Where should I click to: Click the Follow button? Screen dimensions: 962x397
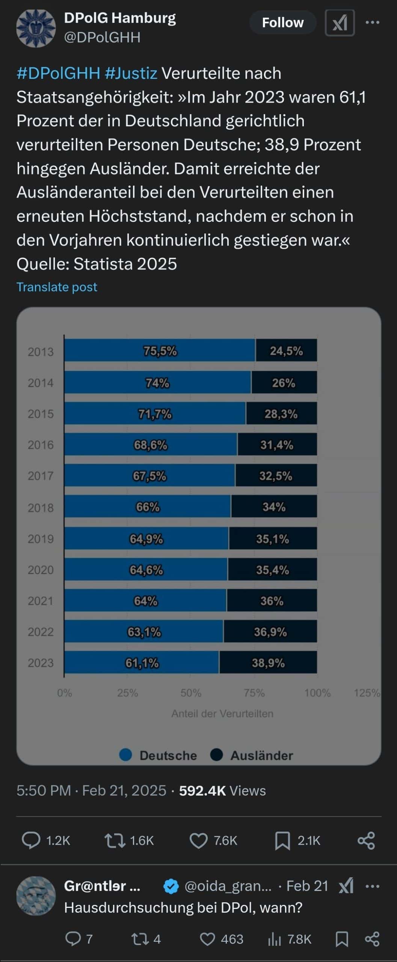282,23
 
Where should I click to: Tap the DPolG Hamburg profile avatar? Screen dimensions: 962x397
36,28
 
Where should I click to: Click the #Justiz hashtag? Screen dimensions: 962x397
131,73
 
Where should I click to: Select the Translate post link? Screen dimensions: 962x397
57,287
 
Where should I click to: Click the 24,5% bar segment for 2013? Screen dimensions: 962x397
286,351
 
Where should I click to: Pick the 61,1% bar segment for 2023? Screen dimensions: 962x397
142,663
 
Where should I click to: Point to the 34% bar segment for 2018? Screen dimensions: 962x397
274,507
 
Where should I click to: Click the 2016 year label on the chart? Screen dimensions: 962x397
41,445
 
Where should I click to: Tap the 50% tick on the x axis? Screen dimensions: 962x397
191,693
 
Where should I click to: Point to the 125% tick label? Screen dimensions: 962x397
367,693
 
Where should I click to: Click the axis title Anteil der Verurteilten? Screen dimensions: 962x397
222,714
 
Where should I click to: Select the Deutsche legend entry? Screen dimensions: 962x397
158,755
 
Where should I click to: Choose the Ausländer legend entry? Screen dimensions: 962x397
252,755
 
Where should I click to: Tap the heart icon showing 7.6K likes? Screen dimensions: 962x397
198,840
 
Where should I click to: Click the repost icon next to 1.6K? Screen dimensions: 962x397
115,840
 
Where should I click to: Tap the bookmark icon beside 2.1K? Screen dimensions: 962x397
282,841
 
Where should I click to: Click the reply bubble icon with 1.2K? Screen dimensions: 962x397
31,840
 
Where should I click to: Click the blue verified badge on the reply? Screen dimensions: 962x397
171,886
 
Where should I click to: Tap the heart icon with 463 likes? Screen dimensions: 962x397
207,939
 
